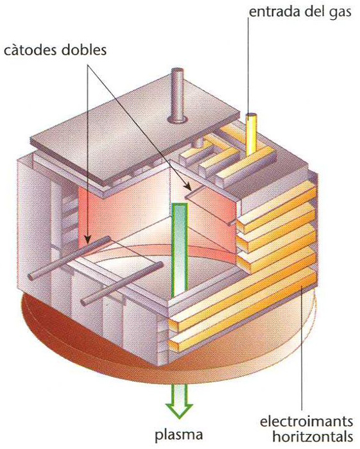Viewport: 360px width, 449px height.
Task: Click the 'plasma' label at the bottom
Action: [x=178, y=435]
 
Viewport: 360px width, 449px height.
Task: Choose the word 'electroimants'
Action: [x=306, y=422]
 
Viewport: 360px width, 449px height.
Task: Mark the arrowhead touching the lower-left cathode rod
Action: [x=88, y=238]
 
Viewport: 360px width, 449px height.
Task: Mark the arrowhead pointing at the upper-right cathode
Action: [x=188, y=187]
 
